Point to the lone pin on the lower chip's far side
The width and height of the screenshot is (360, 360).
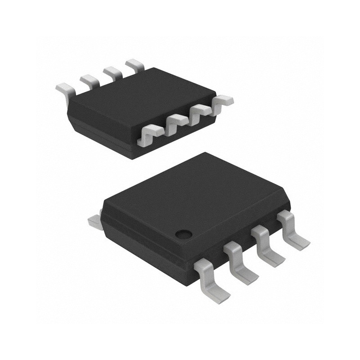pos(94,220)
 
